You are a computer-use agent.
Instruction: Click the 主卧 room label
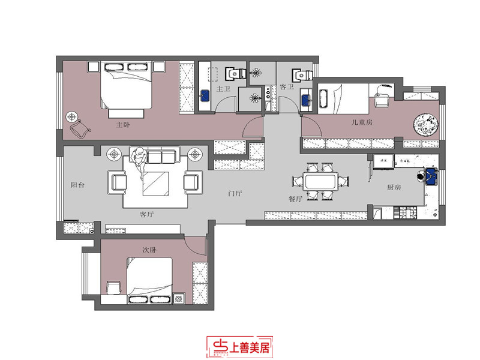123,125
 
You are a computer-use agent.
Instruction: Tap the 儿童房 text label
362,122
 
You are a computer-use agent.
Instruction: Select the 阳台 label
76,185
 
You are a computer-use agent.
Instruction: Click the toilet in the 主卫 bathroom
232,74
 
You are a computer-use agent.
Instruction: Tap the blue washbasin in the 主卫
205,95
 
